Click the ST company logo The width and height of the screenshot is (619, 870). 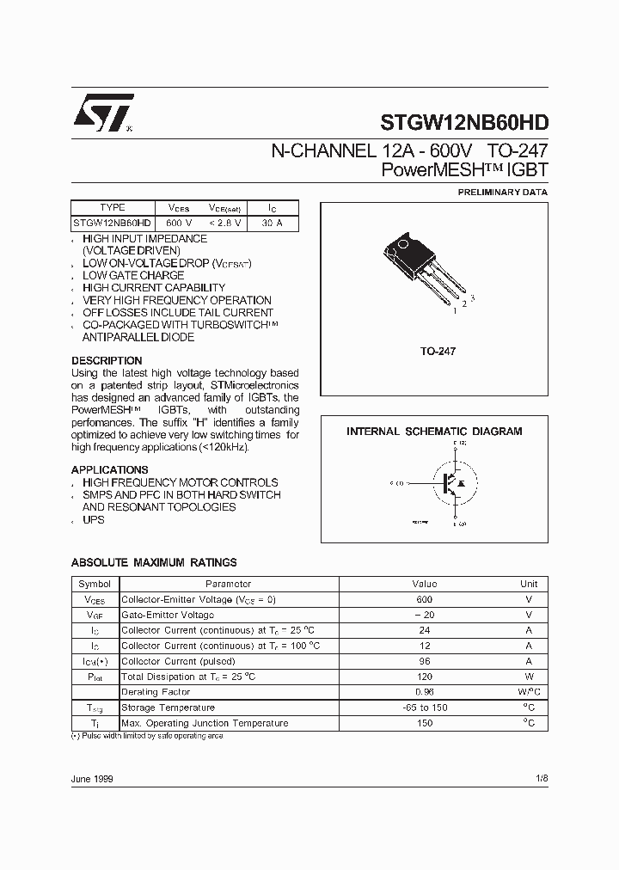tap(102, 113)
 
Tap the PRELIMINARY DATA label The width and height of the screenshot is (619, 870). tap(502, 193)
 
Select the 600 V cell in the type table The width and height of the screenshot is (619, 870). tap(180, 224)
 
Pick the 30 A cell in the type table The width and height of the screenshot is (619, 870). tap(273, 224)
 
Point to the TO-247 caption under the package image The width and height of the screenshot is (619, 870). tap(438, 352)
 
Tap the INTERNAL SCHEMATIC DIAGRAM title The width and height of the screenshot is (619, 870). tap(434, 432)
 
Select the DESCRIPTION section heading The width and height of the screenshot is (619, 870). tap(107, 361)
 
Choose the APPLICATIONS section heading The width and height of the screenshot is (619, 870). tap(110, 470)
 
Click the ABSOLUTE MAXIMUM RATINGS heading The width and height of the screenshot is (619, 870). tap(154, 563)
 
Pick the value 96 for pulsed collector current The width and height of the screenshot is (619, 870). tap(424, 661)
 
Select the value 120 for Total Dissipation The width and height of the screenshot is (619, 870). tap(424, 677)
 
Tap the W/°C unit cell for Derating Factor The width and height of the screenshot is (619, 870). tap(528, 692)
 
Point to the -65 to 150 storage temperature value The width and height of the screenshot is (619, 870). tap(424, 708)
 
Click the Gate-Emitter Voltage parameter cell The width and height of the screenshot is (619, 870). tap(168, 615)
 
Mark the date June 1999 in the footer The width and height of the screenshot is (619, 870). tap(92, 778)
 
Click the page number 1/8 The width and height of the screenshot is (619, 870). tap(540, 778)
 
